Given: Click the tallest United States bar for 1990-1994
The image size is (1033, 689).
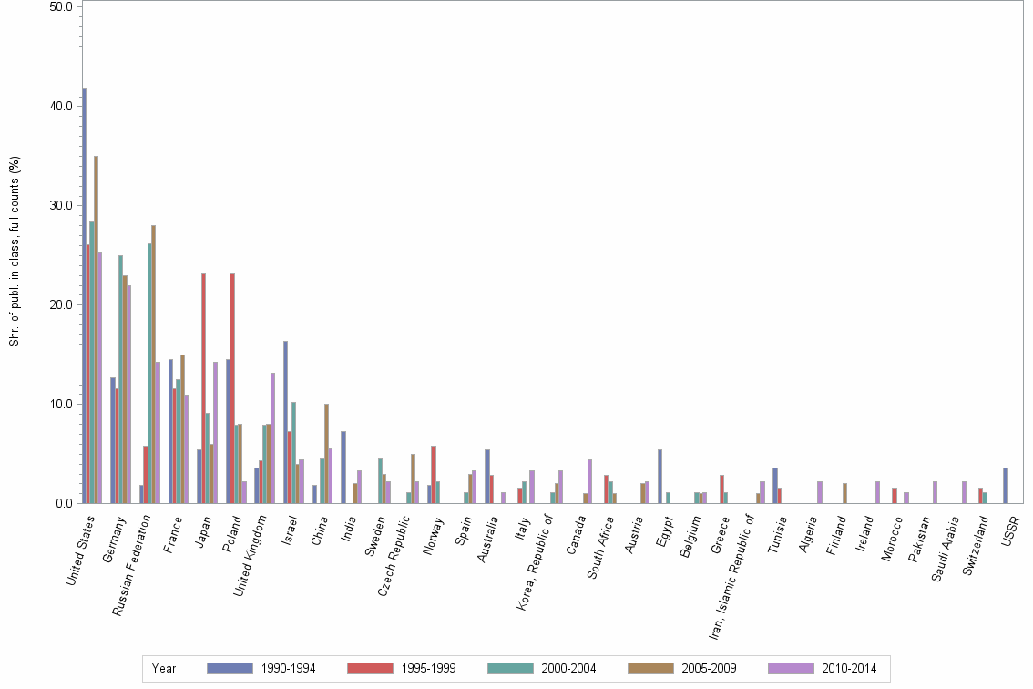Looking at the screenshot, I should pyautogui.click(x=84, y=295).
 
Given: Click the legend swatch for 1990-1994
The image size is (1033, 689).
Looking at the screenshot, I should pyautogui.click(x=230, y=668).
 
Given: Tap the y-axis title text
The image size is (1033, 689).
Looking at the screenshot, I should pyautogui.click(x=15, y=252).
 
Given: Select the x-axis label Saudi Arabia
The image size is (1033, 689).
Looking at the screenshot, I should pyautogui.click(x=956, y=542).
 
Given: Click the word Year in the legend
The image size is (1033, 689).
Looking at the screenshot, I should pyautogui.click(x=165, y=668).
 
